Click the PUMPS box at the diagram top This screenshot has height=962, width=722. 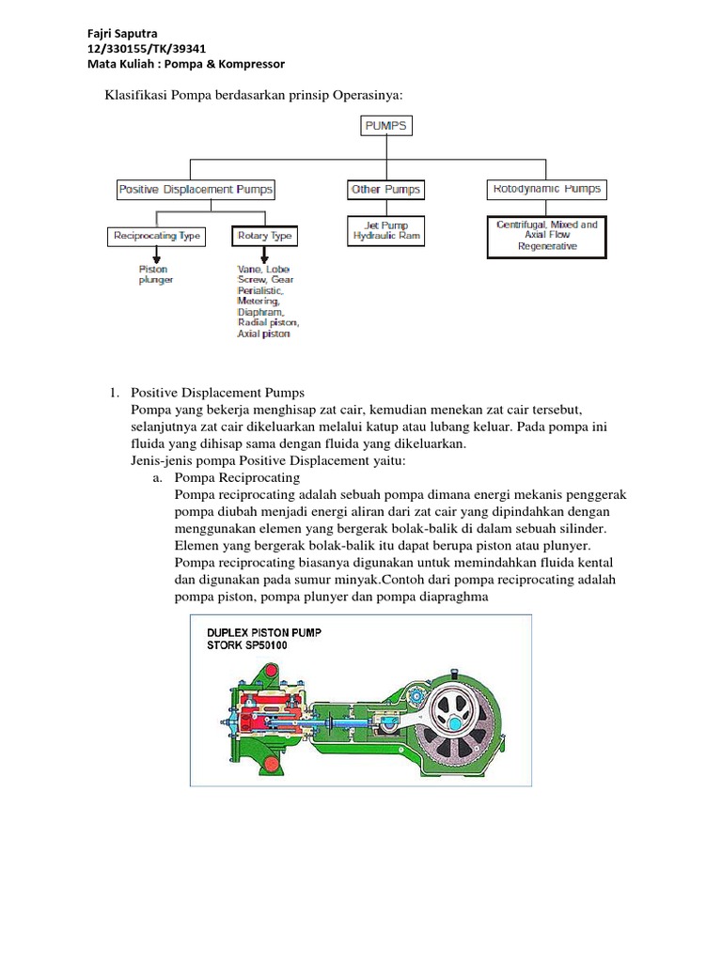tap(386, 126)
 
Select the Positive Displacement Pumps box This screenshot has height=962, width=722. tap(196, 190)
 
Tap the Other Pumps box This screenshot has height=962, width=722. tap(385, 190)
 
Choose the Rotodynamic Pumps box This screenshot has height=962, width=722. tap(546, 189)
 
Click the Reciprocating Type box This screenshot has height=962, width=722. tap(157, 236)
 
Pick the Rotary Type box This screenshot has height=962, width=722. tap(265, 236)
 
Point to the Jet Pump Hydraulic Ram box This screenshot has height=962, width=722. tap(385, 231)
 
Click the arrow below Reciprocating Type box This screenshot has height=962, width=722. tap(157, 256)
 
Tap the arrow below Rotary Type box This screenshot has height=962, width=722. tap(264, 256)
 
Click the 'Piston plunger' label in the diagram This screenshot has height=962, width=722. tap(156, 273)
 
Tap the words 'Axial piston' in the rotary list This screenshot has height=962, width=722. tap(264, 334)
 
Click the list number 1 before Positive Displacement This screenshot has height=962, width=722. tap(115, 392)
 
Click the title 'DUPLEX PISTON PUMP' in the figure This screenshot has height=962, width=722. tap(263, 632)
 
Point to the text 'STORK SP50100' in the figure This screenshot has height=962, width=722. tap(249, 646)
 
